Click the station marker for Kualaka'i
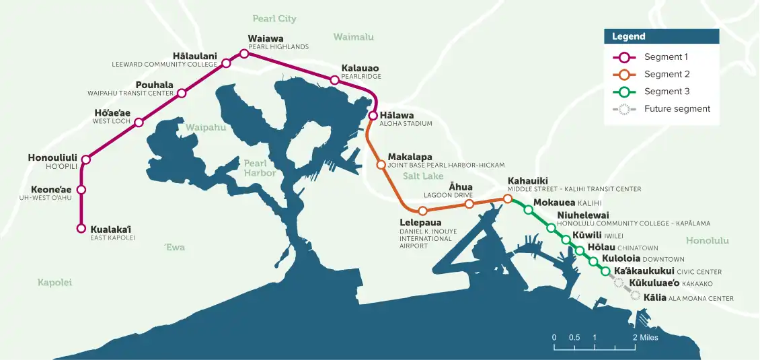click(81, 229)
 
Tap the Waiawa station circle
click(244, 53)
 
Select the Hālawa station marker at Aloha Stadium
click(373, 116)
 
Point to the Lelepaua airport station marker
click(422, 211)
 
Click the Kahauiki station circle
click(508, 199)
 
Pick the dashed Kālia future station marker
click(635, 295)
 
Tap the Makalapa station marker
click(381, 164)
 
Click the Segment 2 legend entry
click(667, 74)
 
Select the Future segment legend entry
click(677, 108)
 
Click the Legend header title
click(628, 36)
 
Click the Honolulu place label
click(707, 240)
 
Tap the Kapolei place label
click(54, 283)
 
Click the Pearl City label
click(274, 19)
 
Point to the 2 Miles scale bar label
click(645, 337)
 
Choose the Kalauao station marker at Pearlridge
click(334, 80)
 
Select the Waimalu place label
click(353, 37)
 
